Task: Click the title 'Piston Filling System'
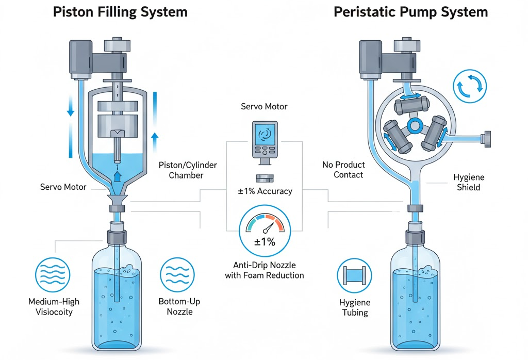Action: point(120,12)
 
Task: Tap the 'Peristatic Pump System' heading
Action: point(411,12)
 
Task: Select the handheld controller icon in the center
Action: point(264,141)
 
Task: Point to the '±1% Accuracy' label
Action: point(265,191)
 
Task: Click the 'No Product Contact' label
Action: point(343,170)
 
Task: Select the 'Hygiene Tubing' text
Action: point(355,308)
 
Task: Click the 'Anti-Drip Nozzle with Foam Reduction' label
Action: point(265,270)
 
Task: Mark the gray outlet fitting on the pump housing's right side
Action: point(486,138)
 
